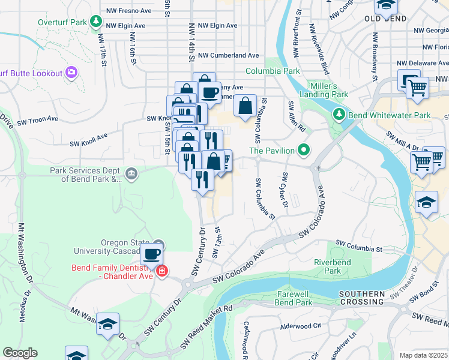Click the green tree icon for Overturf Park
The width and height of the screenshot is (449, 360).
(95, 22)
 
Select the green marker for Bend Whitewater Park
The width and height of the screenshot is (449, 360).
(339, 114)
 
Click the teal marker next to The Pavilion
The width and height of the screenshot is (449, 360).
(305, 150)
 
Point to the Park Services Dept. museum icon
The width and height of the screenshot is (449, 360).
(132, 175)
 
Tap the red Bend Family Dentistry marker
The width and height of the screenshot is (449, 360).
(161, 272)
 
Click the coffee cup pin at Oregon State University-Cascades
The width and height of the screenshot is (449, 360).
(152, 253)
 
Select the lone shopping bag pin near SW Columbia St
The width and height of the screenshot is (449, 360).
(245, 106)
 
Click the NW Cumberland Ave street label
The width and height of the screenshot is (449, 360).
(228, 55)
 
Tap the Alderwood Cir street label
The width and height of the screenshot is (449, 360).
(301, 327)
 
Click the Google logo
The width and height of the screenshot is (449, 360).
(20, 353)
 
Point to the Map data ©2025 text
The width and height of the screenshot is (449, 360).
(423, 355)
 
